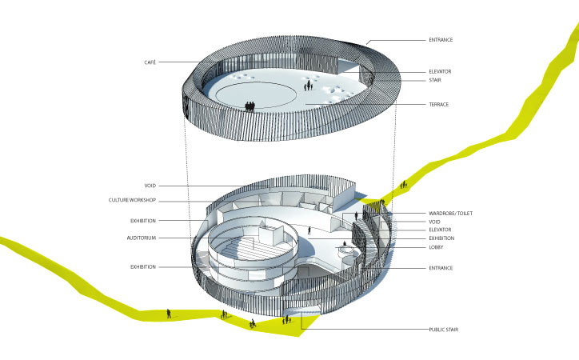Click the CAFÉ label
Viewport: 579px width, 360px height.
click(x=150, y=62)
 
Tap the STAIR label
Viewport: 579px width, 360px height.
click(x=435, y=80)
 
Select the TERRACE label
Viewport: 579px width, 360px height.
click(x=439, y=105)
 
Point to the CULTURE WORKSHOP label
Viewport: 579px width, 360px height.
click(x=132, y=200)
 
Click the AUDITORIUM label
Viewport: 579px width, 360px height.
click(x=142, y=238)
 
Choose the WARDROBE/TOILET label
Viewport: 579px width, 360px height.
click(x=450, y=214)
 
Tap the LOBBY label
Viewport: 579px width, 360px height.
click(x=436, y=247)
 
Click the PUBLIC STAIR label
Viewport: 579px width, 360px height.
click(x=444, y=330)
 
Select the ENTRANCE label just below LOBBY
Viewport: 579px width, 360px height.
click(x=441, y=268)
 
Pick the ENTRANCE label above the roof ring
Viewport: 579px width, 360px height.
click(x=441, y=40)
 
